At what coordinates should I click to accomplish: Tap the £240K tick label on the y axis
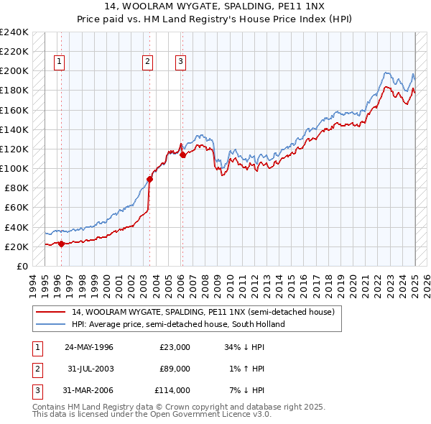coord(14,32)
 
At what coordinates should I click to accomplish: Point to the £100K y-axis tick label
coord(14,168)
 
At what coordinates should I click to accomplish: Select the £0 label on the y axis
coord(22,266)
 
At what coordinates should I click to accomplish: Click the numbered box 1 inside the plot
coord(58,62)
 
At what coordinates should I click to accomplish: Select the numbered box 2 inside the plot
coord(147,62)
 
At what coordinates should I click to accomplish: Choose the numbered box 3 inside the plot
coord(180,62)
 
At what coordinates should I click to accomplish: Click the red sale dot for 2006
coord(182,155)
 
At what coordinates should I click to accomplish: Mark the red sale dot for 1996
coord(61,244)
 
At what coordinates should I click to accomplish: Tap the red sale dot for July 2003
coord(149,179)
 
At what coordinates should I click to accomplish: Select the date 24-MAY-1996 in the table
coord(89,347)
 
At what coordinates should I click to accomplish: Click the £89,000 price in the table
coord(175,369)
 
